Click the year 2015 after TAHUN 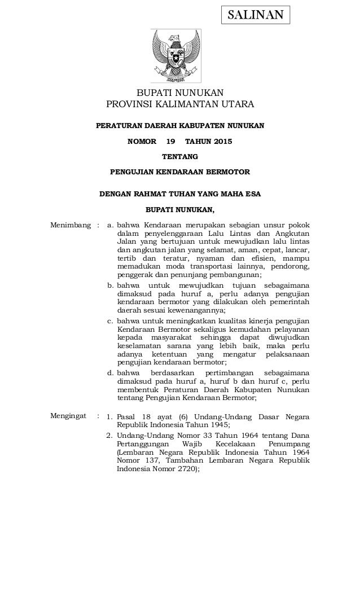click(220, 141)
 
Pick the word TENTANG click(180, 156)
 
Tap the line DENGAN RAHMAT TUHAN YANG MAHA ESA click(180, 195)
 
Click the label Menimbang click(71, 226)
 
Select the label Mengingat click(69, 416)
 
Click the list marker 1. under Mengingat click(111, 417)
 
